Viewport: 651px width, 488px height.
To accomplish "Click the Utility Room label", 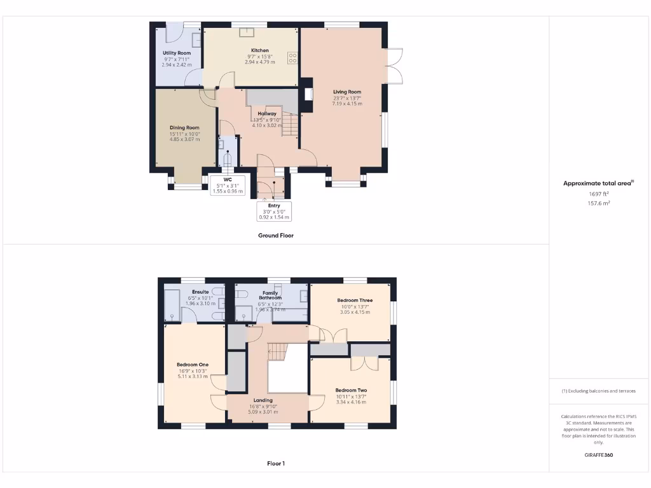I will click(x=176, y=53).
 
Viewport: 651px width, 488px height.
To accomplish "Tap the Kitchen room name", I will click(x=260, y=50).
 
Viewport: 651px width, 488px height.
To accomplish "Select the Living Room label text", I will click(x=347, y=91).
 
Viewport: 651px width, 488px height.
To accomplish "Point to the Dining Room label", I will click(x=184, y=128).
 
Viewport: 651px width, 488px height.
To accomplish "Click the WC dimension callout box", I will click(x=227, y=185).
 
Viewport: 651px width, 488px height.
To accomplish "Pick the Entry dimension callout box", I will click(x=274, y=212).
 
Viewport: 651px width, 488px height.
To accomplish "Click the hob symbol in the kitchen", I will click(x=293, y=58).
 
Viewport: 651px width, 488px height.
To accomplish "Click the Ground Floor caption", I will click(x=275, y=235).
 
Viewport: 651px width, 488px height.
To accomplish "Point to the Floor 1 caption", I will click(x=275, y=463).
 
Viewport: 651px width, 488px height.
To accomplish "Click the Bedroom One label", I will click(x=193, y=365).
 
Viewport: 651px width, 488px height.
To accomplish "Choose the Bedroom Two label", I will click(x=351, y=390).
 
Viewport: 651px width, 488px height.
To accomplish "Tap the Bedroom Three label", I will click(x=355, y=300).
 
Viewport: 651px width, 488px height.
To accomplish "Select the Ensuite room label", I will click(x=198, y=292).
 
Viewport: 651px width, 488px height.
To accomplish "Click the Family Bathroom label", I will click(x=270, y=295).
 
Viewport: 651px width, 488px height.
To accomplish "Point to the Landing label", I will click(x=263, y=400).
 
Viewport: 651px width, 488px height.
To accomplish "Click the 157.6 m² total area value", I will click(x=599, y=203).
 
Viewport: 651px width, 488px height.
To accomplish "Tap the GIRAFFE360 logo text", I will click(x=599, y=455).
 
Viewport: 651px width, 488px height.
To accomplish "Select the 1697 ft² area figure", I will click(x=599, y=194).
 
